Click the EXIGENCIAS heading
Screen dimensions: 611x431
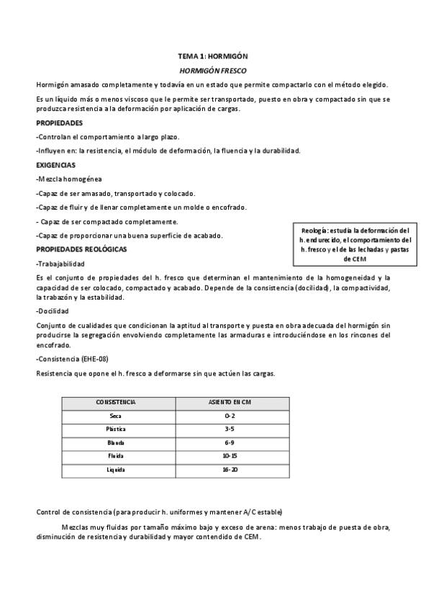pos(57,165)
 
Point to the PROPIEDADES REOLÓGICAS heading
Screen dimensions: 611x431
pos(81,249)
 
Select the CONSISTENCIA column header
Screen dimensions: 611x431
pos(116,402)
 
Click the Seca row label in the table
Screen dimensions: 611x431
pos(116,416)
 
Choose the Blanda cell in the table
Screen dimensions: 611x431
pos(116,442)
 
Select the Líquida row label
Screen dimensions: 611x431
pos(116,470)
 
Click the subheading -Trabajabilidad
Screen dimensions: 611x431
pos(60,264)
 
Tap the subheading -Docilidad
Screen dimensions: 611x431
pos(52,311)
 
